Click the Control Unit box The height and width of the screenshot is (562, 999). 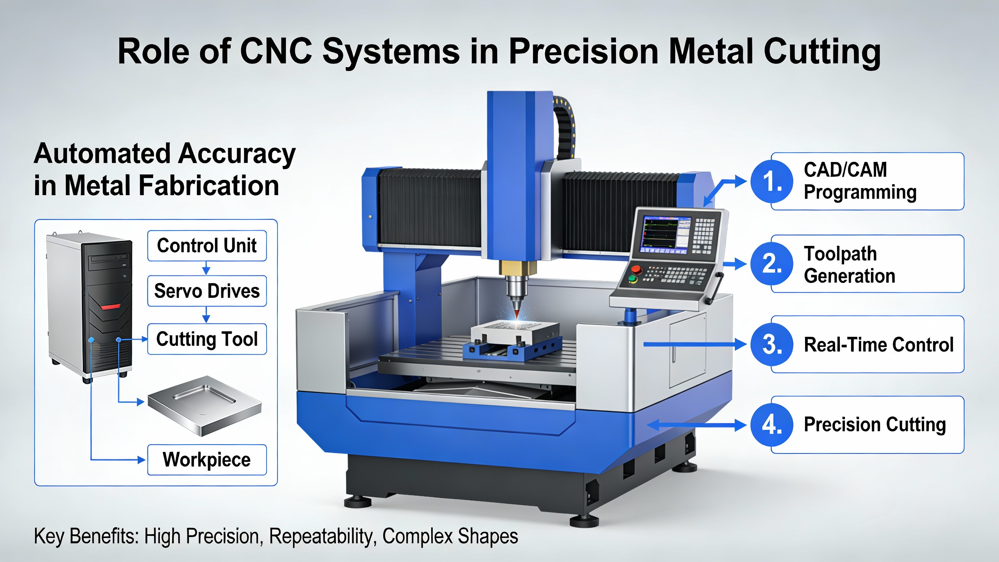coord(207,245)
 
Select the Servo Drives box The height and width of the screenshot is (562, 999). coord(207,291)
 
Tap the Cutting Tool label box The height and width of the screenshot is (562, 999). coord(207,339)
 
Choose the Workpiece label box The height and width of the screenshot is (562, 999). coord(207,460)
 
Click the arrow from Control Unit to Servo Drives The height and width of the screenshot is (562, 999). coord(206,268)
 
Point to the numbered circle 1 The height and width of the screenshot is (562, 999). coord(772,181)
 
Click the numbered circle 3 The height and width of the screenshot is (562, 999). coord(772,344)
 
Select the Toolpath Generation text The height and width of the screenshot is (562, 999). coord(850,265)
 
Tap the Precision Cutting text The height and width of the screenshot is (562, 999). coord(875,425)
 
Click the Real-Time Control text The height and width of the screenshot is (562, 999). coord(879,345)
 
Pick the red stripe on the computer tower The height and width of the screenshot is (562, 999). coord(110,307)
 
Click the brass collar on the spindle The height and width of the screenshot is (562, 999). coord(518,268)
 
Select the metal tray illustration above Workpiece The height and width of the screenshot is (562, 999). coord(204,406)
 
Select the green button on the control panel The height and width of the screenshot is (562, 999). coord(633,279)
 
